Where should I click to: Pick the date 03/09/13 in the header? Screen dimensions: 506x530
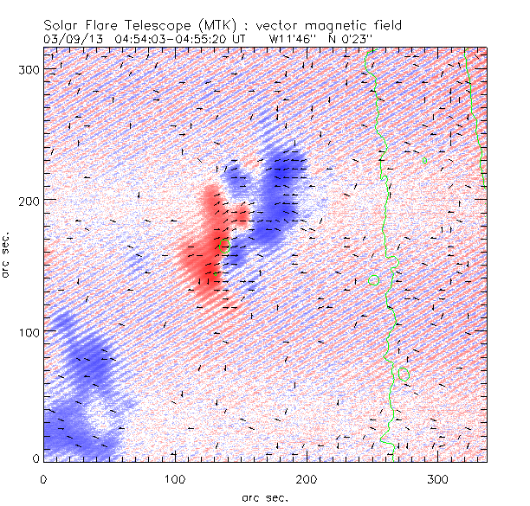(70, 39)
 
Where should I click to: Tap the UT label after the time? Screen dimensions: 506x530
(240, 39)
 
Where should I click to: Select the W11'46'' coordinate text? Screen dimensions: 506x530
(293, 39)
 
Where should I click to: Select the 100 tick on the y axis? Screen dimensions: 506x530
(25, 331)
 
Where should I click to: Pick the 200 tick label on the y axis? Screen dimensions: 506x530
(25, 200)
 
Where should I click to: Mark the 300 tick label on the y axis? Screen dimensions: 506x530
(25, 68)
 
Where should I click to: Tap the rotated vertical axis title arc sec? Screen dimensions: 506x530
(8, 253)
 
